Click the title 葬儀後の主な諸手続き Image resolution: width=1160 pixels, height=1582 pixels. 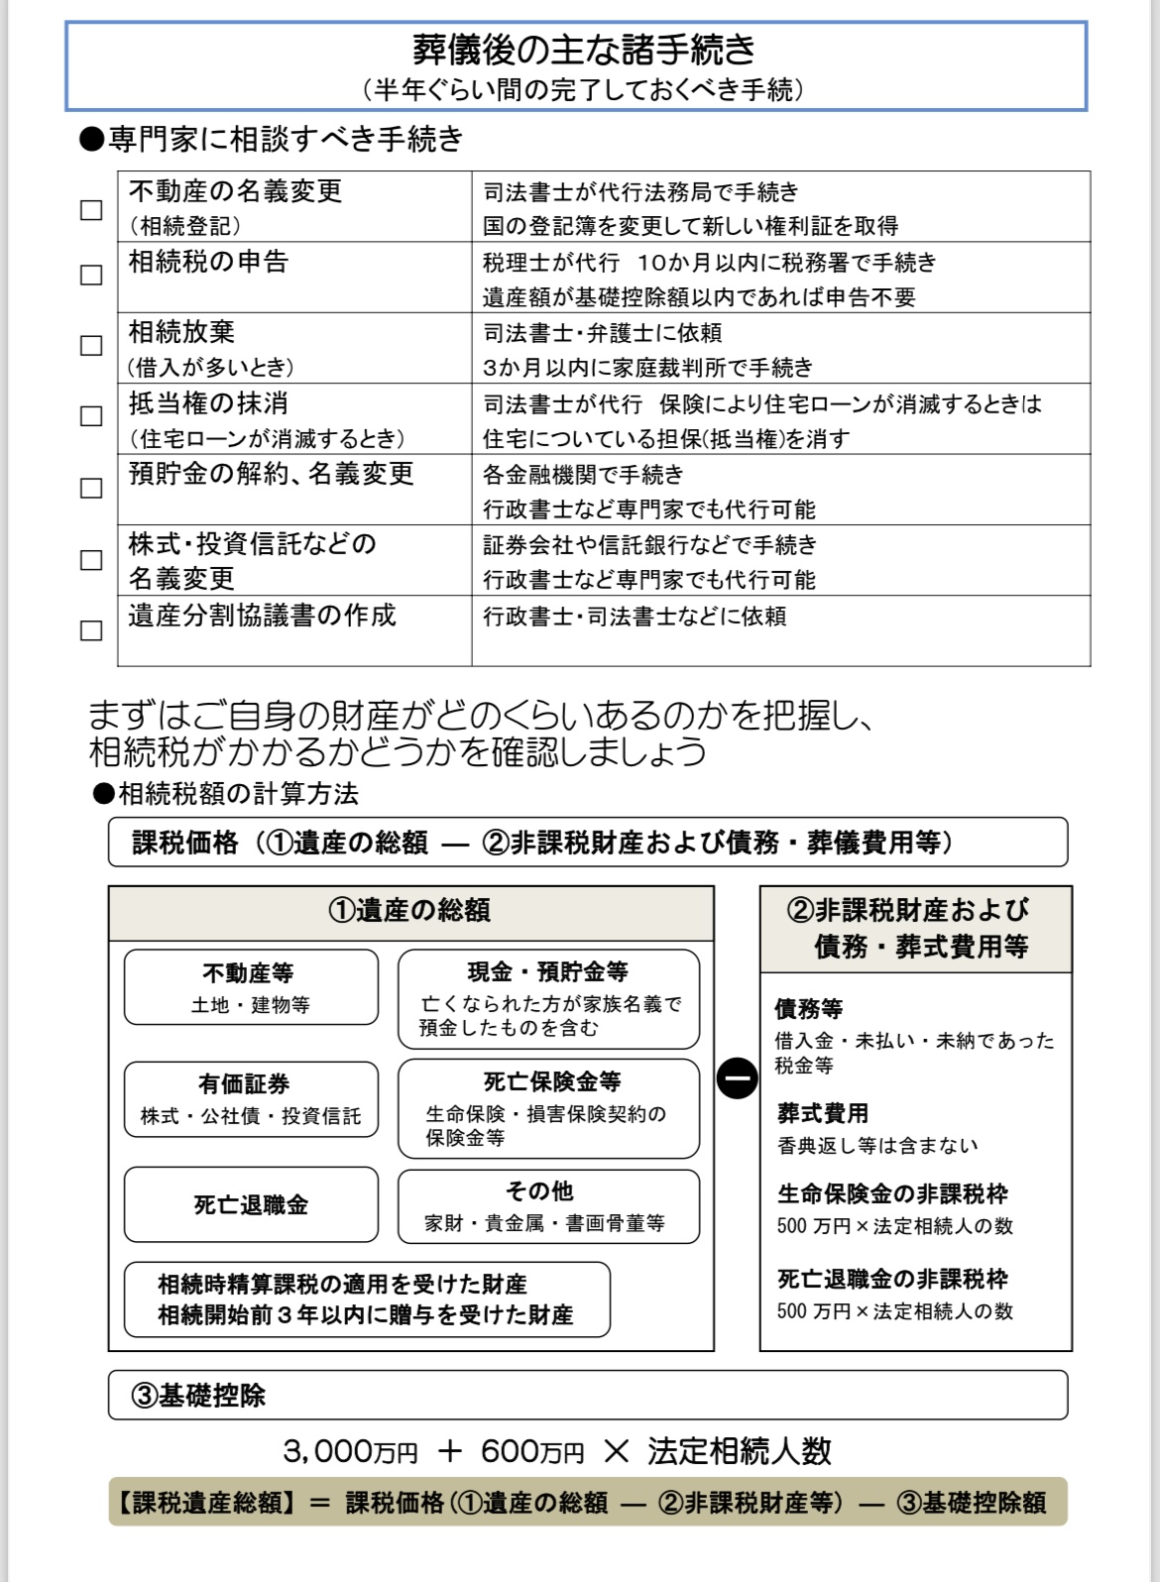pyautogui.click(x=584, y=49)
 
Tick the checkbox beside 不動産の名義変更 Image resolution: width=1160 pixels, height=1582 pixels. pyautogui.click(x=91, y=210)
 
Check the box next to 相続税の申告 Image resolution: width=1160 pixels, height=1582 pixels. pyautogui.click(x=91, y=275)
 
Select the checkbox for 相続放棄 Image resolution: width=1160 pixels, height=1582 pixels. pyautogui.click(x=91, y=345)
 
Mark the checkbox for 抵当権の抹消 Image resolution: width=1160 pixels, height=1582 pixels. pyautogui.click(x=91, y=416)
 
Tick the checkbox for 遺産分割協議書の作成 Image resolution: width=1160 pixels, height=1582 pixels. pyautogui.click(x=91, y=630)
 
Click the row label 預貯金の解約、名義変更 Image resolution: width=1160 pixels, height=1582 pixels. pyautogui.click(x=271, y=474)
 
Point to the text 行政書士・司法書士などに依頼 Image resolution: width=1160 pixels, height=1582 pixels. pyautogui.click(x=635, y=617)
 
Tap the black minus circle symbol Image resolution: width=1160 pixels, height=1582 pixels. pyautogui.click(x=737, y=1078)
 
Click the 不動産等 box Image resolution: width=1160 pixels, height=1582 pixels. pyautogui.click(x=251, y=987)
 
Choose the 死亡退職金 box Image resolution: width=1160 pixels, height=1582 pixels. pyautogui.click(x=251, y=1205)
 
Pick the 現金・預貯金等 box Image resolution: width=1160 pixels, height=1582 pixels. pyautogui.click(x=548, y=998)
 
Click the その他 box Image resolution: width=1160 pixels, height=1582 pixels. pyautogui.click(x=548, y=1206)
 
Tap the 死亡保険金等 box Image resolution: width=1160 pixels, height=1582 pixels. pyautogui.click(x=548, y=1108)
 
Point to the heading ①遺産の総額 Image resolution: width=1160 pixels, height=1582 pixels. pyautogui.click(x=410, y=910)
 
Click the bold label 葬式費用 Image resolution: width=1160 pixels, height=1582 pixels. pyautogui.click(x=823, y=1113)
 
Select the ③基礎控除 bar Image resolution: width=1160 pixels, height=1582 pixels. pyautogui.click(x=587, y=1396)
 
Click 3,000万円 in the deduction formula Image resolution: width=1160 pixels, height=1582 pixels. pyautogui.click(x=350, y=1452)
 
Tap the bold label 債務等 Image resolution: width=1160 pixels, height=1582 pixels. pyautogui.click(x=808, y=1009)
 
